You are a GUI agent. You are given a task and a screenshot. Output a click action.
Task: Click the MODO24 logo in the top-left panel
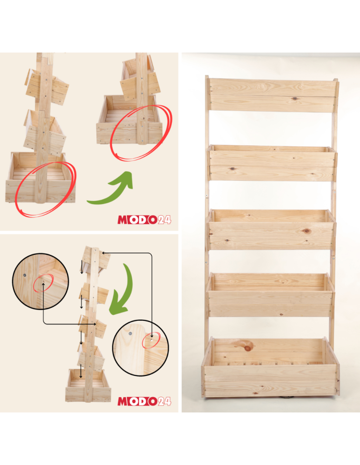click(144, 219)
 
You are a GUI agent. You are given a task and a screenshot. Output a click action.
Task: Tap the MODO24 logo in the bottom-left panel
click(144, 401)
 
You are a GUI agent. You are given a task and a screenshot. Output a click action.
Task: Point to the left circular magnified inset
click(41, 281)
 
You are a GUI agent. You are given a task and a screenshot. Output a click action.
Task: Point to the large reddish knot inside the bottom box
click(248, 347)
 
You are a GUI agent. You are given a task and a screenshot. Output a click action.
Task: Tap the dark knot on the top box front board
click(294, 99)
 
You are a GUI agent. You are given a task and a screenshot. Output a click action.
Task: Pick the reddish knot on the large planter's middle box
click(306, 231)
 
